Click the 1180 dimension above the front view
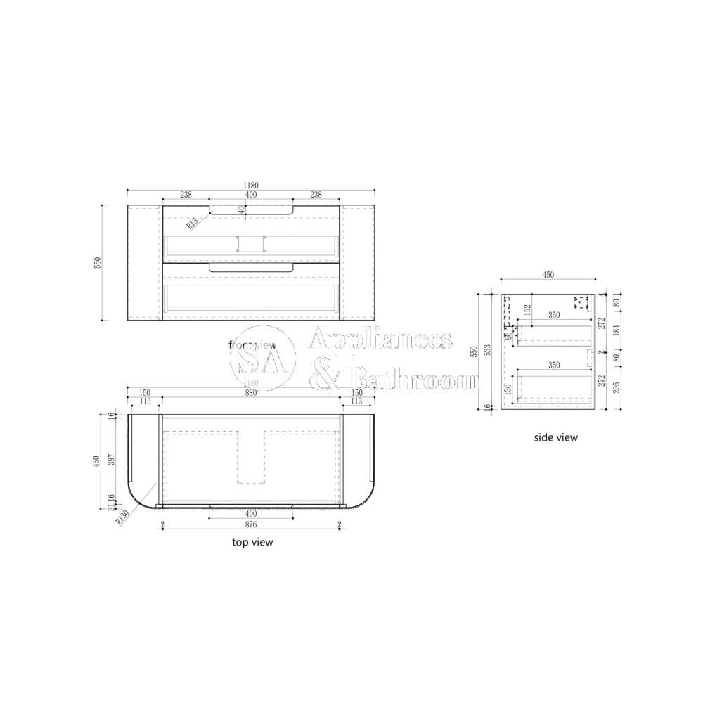coord(250,186)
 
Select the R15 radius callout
coord(192,224)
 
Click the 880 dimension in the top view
coord(250,393)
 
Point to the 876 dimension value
coord(250,524)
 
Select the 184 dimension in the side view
coord(617,330)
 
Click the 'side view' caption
coord(555,437)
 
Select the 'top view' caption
coord(252,542)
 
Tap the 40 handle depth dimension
coord(242,209)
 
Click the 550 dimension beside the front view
coord(98,263)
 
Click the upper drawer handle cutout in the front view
coord(250,209)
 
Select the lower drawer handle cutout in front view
coord(250,267)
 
